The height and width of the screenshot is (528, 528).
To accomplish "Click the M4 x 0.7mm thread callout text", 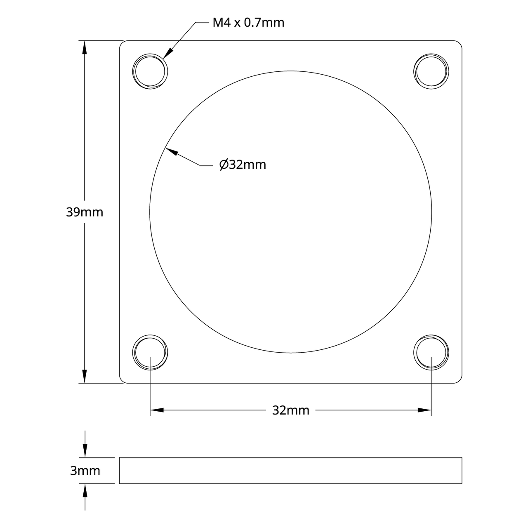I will pos(248,22).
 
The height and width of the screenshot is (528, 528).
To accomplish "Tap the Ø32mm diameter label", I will pos(243,165).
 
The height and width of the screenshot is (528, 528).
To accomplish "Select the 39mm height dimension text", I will pos(85,212).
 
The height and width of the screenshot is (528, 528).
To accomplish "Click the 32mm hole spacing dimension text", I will pos(290,410).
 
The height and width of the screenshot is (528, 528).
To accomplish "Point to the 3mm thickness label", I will pos(85,471).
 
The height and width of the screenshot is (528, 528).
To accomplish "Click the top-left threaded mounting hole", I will pos(150,71).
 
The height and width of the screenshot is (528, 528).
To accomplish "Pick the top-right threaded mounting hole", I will pos(431,71).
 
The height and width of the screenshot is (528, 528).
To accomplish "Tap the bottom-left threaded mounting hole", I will pos(150,353).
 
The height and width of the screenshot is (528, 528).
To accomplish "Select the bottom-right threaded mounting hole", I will pos(431,353).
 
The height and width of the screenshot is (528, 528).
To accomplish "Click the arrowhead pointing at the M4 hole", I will pos(168,53).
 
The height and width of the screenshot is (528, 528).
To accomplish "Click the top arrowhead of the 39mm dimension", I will pos(85,47).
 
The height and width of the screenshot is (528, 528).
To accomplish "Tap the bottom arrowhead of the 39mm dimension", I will pos(85,377).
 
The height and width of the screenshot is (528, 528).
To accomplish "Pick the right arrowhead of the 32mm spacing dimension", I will pos(424,410).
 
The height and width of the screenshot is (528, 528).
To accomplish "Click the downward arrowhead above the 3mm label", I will pos(85,450).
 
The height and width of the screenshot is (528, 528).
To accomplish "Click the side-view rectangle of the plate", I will pos(290,470).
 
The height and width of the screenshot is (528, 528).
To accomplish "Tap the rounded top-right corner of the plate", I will pos(460,43).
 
